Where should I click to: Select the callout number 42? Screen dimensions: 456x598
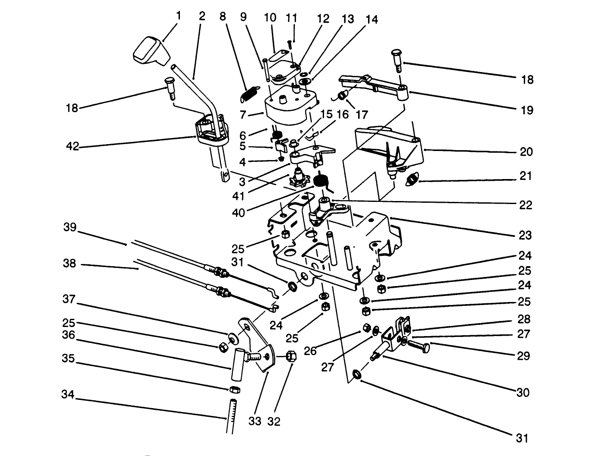(73, 146)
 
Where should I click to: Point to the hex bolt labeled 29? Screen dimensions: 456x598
(418, 346)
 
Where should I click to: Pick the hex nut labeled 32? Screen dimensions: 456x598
(290, 356)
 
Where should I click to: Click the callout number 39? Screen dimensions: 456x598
(70, 227)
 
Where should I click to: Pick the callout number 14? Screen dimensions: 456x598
(371, 20)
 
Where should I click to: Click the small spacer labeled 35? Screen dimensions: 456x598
(234, 390)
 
